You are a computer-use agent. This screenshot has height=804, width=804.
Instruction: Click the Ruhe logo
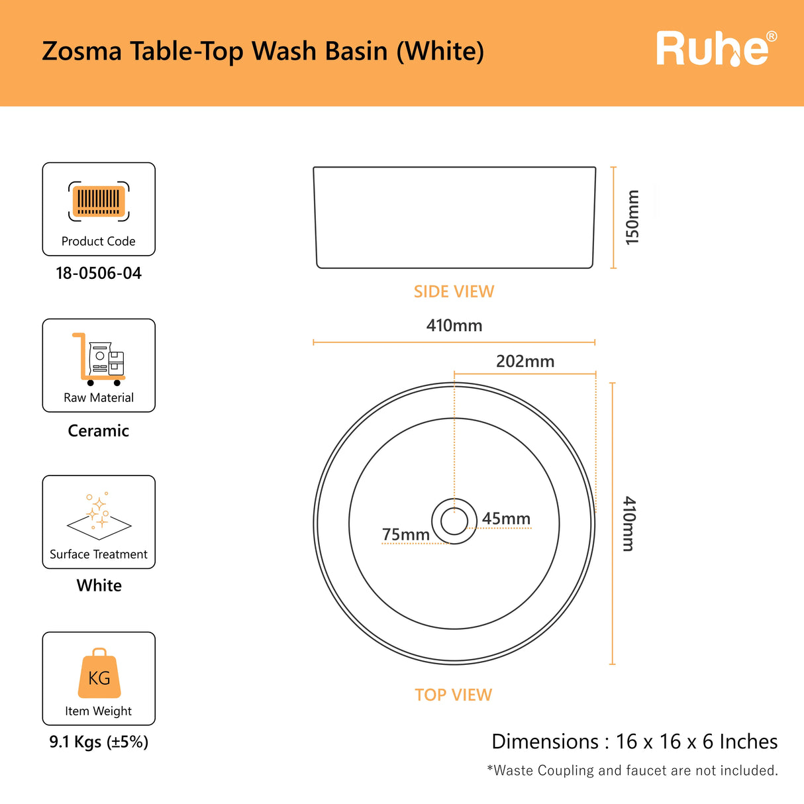pyautogui.click(x=717, y=49)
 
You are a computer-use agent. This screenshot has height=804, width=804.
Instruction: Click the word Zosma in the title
pyautogui.click(x=81, y=51)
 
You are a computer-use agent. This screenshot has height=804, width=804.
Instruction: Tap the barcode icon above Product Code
pyautogui.click(x=99, y=201)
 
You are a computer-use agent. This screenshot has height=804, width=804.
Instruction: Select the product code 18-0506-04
pyautogui.click(x=99, y=274)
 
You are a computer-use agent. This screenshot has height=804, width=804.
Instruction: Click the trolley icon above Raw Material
pyautogui.click(x=99, y=359)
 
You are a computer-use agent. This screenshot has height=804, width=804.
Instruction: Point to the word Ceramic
pyautogui.click(x=99, y=431)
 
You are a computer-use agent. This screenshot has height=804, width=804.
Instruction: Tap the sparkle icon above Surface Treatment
pyautogui.click(x=99, y=516)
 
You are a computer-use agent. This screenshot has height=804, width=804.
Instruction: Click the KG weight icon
pyautogui.click(x=99, y=673)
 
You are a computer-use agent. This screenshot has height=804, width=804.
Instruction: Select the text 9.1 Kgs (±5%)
pyautogui.click(x=99, y=742)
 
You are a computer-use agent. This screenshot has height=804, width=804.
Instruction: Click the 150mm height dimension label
pyautogui.click(x=632, y=217)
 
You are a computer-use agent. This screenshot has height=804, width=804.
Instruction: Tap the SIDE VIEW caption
pyautogui.click(x=454, y=291)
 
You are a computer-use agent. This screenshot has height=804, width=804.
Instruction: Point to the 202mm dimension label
pyautogui.click(x=525, y=362)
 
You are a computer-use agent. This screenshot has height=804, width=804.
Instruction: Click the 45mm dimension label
pyautogui.click(x=506, y=519)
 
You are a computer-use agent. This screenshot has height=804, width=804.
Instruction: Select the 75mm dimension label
pyautogui.click(x=406, y=534)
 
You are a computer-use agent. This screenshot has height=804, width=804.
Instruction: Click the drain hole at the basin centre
pyautogui.click(x=454, y=521)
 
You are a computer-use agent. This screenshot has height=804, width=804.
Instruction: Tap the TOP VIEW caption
pyautogui.click(x=454, y=695)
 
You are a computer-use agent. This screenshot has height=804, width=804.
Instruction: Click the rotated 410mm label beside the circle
pyautogui.click(x=628, y=524)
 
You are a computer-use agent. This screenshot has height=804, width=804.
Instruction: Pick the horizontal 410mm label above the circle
pyautogui.click(x=454, y=325)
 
